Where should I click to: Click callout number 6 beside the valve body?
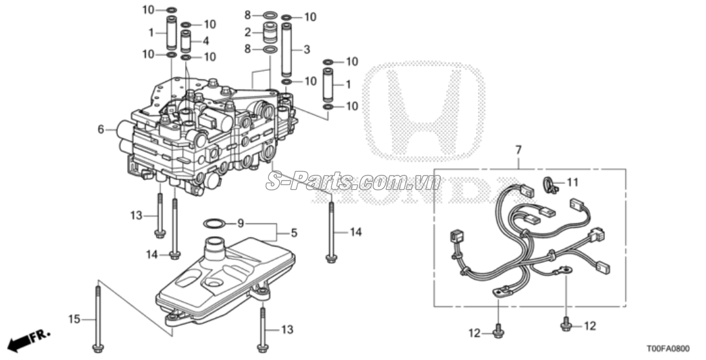(x=101, y=130)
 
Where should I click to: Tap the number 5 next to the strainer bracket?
(x=294, y=232)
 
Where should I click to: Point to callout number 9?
(x=241, y=223)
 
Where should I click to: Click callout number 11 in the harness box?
(x=573, y=183)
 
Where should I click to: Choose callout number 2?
(x=247, y=32)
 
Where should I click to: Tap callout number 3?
(x=306, y=49)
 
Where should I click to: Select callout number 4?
(x=206, y=41)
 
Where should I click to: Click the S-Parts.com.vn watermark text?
(x=353, y=182)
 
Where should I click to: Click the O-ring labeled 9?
(x=214, y=223)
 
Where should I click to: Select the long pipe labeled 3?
(x=288, y=50)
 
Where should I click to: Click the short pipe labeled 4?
(x=186, y=42)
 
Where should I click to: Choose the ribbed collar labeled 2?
(x=271, y=32)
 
